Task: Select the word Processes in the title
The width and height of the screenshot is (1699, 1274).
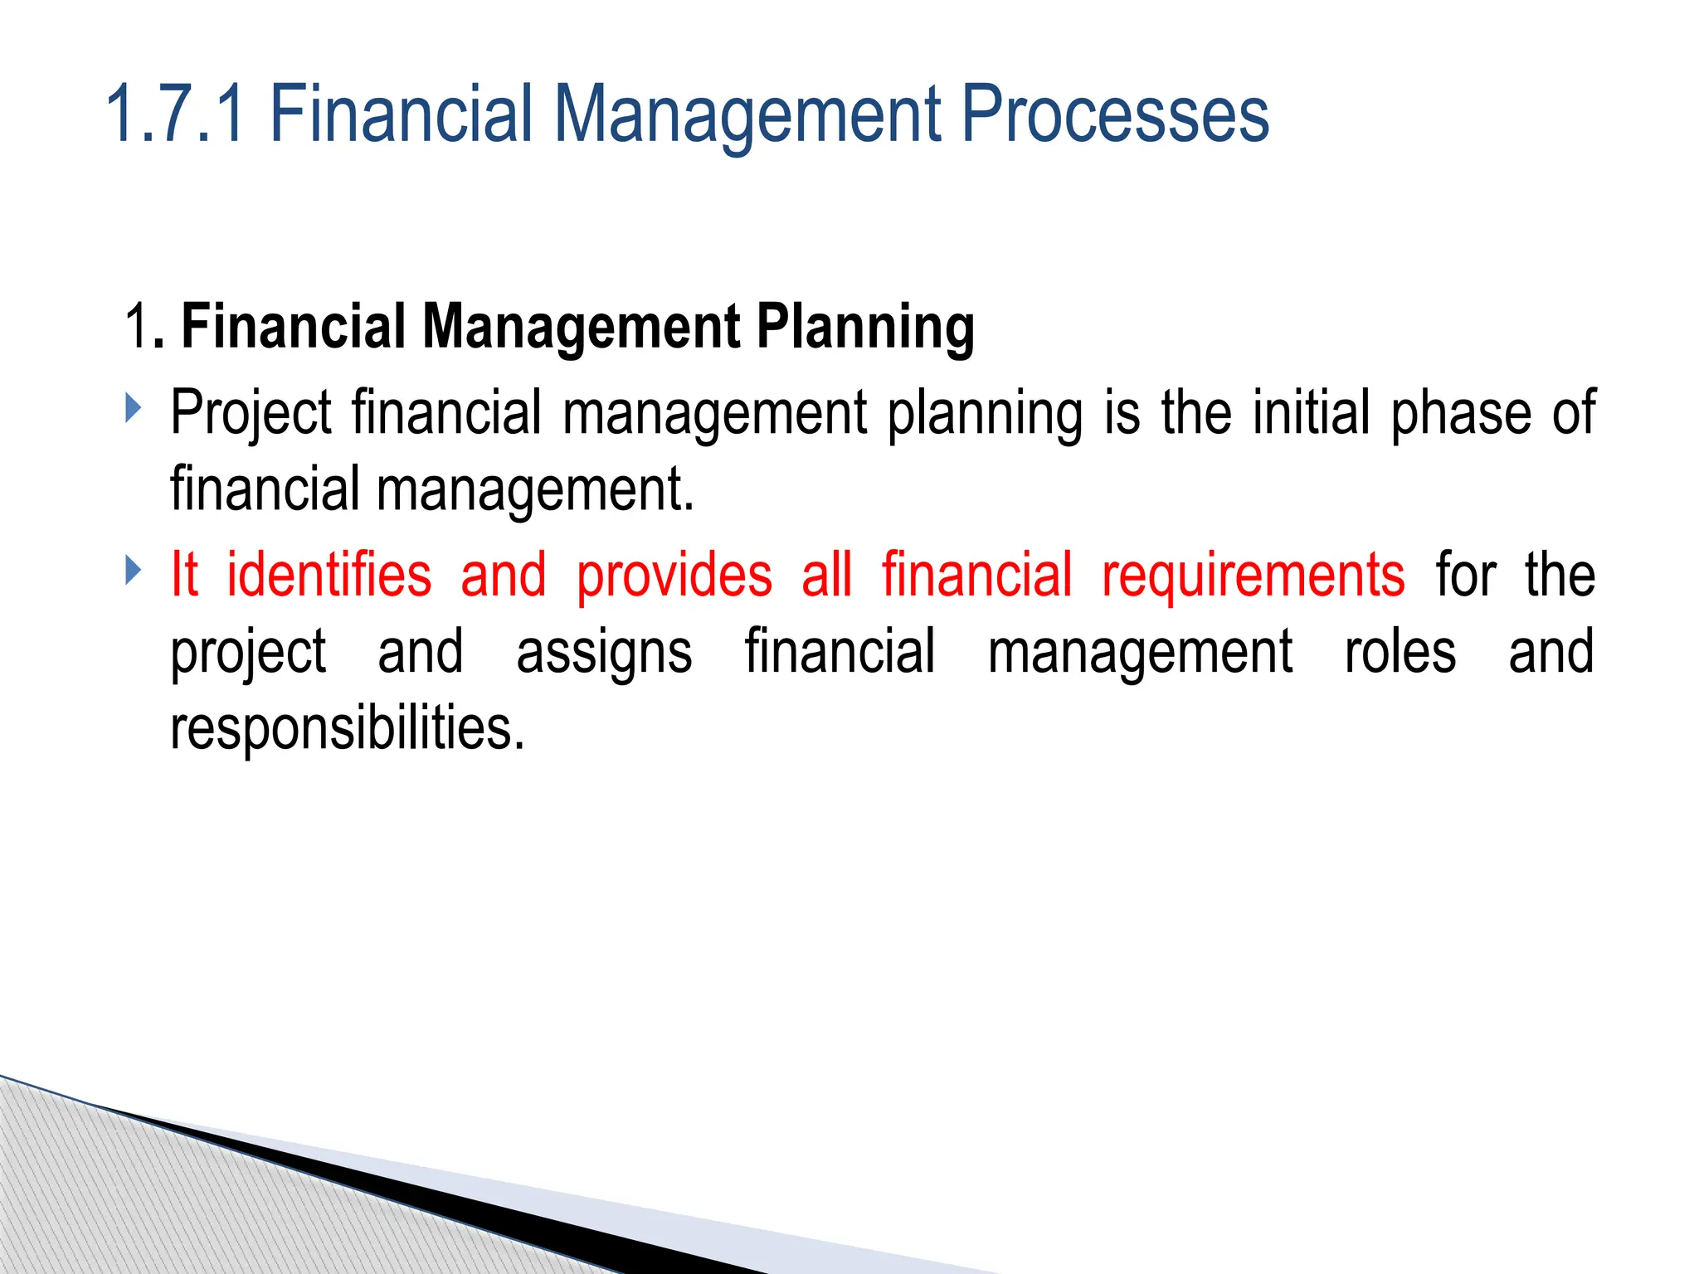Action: click(x=1115, y=114)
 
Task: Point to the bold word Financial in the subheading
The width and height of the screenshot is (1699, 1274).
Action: click(x=294, y=326)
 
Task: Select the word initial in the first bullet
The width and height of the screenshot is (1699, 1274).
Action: click(x=1311, y=412)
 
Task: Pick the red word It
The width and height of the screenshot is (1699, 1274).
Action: click(x=184, y=574)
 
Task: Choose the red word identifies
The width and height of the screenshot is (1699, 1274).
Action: click(x=329, y=574)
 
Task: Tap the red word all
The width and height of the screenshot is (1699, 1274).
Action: click(x=826, y=574)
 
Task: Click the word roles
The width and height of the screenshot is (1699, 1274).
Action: click(x=1400, y=651)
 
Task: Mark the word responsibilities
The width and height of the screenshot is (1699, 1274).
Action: click(x=348, y=728)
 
